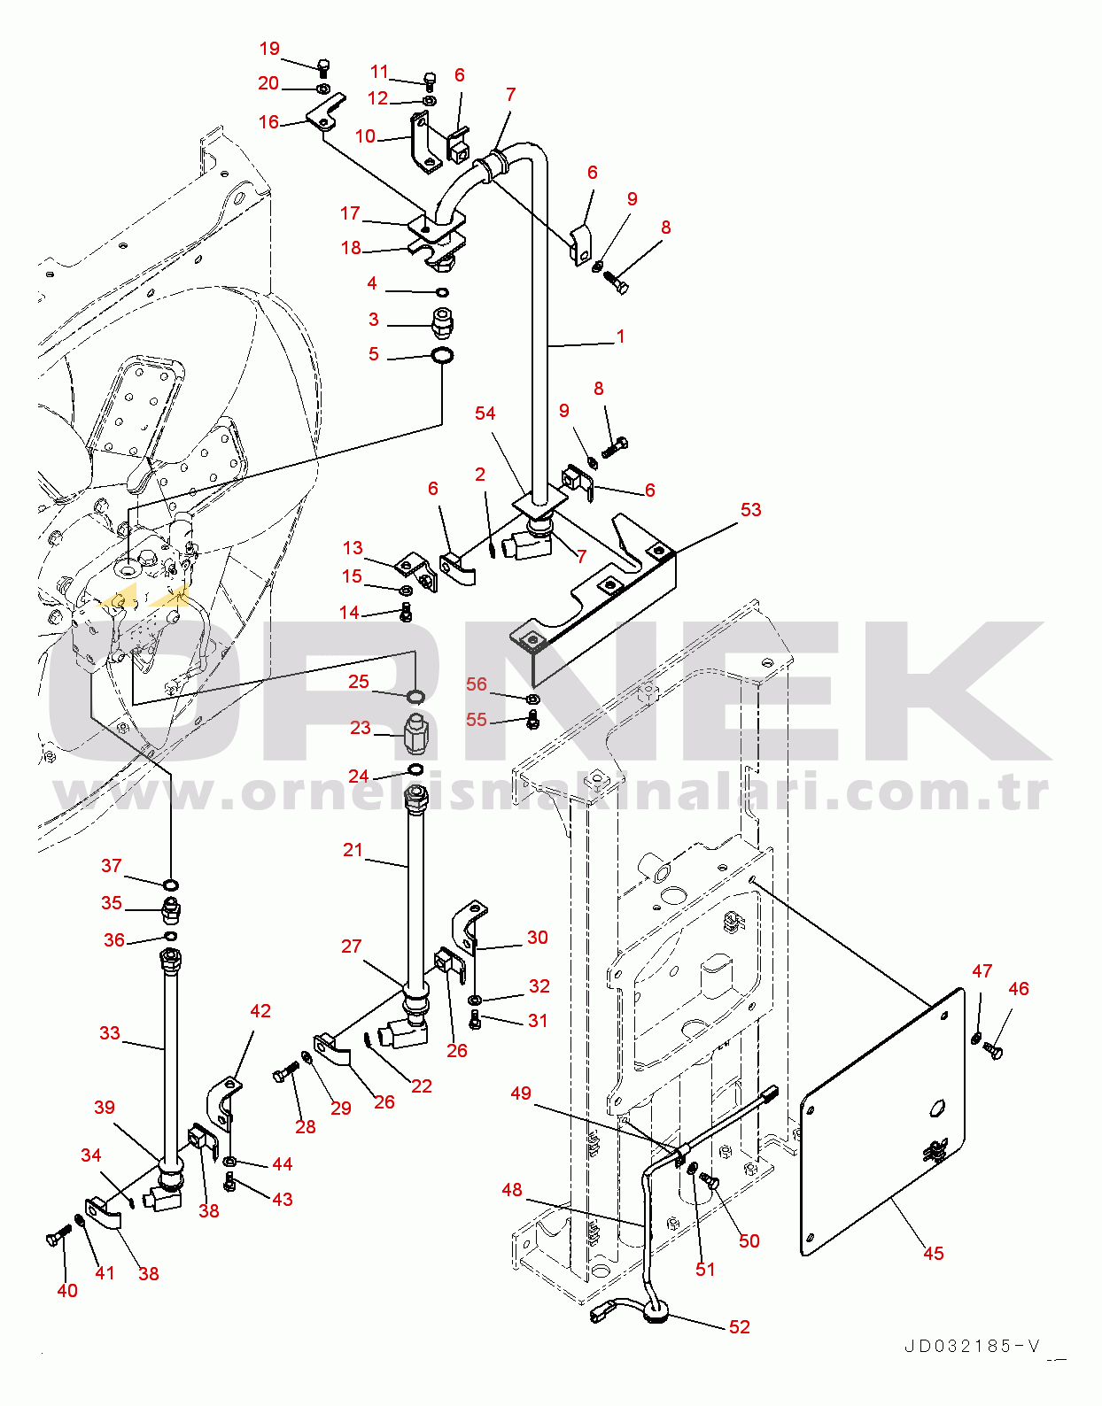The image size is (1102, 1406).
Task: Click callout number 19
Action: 269,49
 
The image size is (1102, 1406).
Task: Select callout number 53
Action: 750,510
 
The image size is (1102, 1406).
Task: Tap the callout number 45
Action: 933,1254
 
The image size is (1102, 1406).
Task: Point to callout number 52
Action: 740,1326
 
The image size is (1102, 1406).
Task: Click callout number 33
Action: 109,1033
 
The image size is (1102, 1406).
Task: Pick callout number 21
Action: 353,850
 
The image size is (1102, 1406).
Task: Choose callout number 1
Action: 620,336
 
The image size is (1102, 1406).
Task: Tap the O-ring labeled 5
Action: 442,356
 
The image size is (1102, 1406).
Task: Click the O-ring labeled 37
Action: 171,885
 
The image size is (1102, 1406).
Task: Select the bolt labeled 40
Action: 58,1236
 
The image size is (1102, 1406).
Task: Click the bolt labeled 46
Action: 993,1051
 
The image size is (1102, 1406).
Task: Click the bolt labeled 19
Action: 323,66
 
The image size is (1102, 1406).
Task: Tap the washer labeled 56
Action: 532,700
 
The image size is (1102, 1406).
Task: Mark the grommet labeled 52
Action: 657,1312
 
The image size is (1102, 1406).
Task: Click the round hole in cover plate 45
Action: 938,1107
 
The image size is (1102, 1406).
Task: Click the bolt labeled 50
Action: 708,1180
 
